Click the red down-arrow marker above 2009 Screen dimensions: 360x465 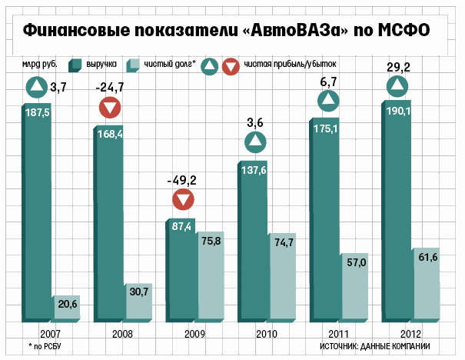(x=182, y=202)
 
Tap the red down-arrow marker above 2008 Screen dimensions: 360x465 (x=110, y=108)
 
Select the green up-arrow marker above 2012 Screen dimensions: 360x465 (x=398, y=85)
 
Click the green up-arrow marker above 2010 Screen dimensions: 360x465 (x=254, y=142)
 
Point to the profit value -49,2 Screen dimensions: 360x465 (x=182, y=181)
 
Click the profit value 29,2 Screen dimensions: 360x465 (x=399, y=66)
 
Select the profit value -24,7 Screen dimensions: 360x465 (x=111, y=87)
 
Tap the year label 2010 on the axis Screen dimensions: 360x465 (x=267, y=335)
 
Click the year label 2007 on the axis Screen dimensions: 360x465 (x=51, y=335)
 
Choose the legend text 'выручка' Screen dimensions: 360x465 (x=101, y=65)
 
